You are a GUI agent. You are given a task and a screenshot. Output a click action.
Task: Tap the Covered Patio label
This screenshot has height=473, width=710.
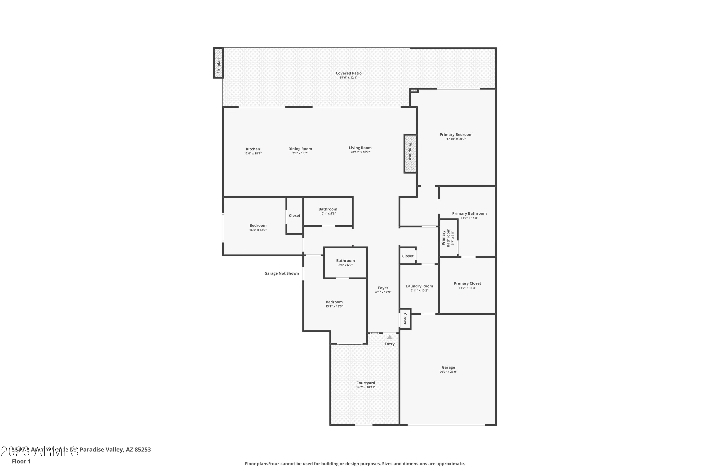pos(348,73)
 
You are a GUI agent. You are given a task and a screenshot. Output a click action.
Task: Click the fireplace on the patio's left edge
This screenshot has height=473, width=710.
pos(218,63)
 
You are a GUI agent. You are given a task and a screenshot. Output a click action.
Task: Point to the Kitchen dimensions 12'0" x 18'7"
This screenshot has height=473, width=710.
pos(253,153)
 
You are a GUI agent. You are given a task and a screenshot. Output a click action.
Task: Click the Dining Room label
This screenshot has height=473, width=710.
pos(300,149)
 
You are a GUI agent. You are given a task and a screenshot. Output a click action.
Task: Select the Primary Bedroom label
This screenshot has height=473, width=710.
pos(456,135)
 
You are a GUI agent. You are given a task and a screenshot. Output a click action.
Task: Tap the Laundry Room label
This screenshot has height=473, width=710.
pos(419,286)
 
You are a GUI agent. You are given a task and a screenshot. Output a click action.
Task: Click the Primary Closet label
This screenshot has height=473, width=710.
pos(467,283)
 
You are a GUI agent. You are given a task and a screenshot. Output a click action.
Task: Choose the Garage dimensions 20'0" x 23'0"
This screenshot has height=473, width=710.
pos(448,372)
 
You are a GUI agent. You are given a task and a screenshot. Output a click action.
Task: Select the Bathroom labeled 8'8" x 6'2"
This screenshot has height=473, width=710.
pos(345,261)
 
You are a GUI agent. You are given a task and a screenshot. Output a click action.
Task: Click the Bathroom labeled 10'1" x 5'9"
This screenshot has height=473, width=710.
pos(328,209)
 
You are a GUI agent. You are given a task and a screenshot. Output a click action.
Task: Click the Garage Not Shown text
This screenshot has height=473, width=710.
pos(281,273)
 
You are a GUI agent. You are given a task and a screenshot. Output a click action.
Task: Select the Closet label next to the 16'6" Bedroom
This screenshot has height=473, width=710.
pos(294,215)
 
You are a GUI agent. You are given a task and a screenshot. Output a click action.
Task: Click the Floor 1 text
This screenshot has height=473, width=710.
pos(21,461)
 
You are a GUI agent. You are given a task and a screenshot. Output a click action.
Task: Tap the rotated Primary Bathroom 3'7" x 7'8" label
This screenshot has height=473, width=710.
pos(448,238)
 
